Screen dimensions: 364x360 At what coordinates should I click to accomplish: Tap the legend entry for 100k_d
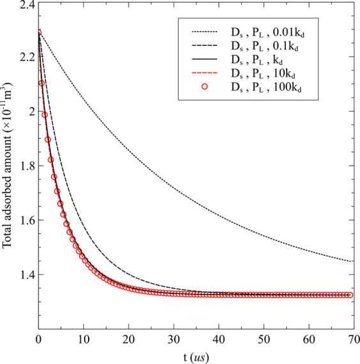coord(272,89)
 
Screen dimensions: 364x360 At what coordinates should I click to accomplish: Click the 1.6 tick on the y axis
coord(24,221)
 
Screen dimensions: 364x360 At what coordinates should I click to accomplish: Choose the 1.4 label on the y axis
coord(24,275)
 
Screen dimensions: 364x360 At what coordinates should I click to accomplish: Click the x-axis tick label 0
coord(39,339)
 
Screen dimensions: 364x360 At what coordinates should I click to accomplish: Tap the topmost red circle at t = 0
coord(39,32)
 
